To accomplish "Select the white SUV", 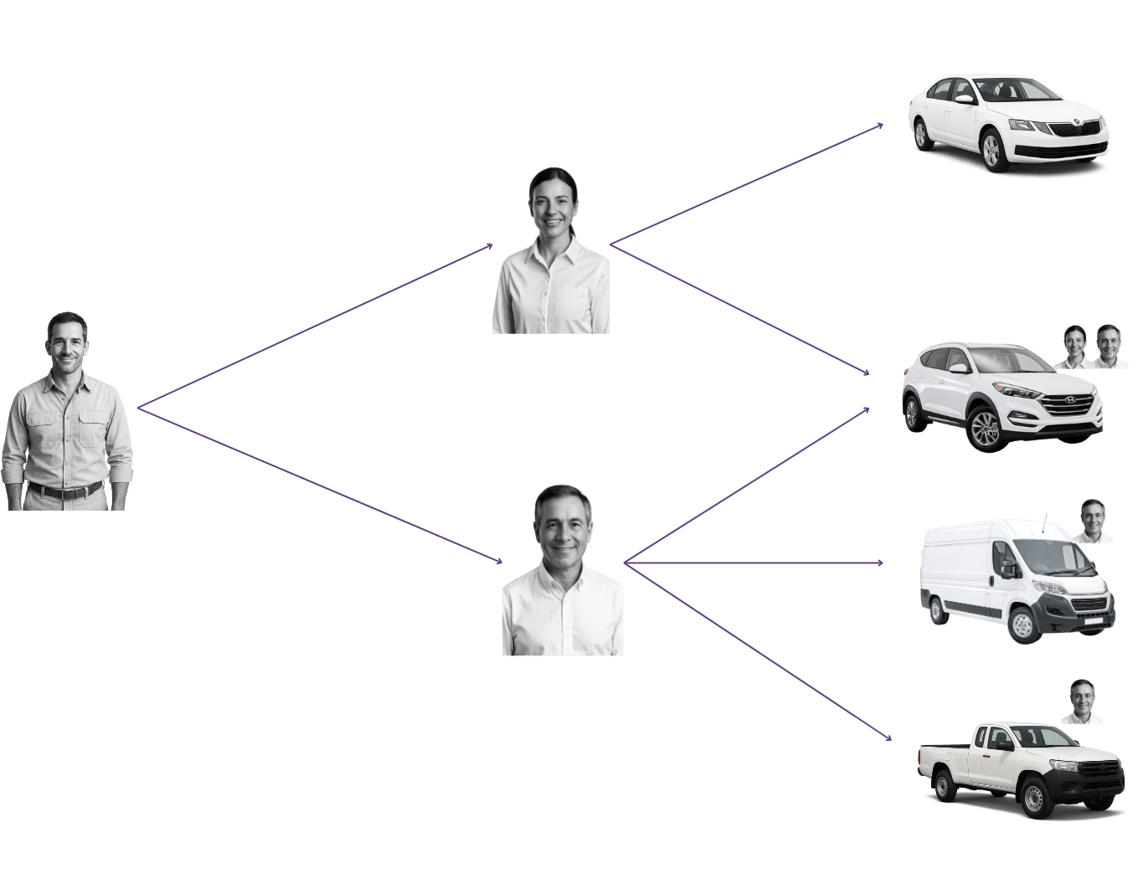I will pyautogui.click(x=1001, y=397).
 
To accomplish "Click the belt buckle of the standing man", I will pyautogui.click(x=65, y=491).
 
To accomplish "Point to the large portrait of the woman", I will pyautogui.click(x=552, y=251).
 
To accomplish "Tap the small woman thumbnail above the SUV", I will pyautogui.click(x=1074, y=347).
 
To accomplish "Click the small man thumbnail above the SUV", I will pyautogui.click(x=1109, y=347).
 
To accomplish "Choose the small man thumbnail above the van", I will pyautogui.click(x=1093, y=521).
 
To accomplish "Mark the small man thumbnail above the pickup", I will pyautogui.click(x=1082, y=701).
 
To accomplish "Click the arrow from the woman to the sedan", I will pyautogui.click(x=745, y=185).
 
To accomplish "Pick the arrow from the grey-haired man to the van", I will pyautogui.click(x=754, y=563).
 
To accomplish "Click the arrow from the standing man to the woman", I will pyautogui.click(x=314, y=327).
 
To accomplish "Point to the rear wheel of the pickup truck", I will pyautogui.click(x=944, y=786).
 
